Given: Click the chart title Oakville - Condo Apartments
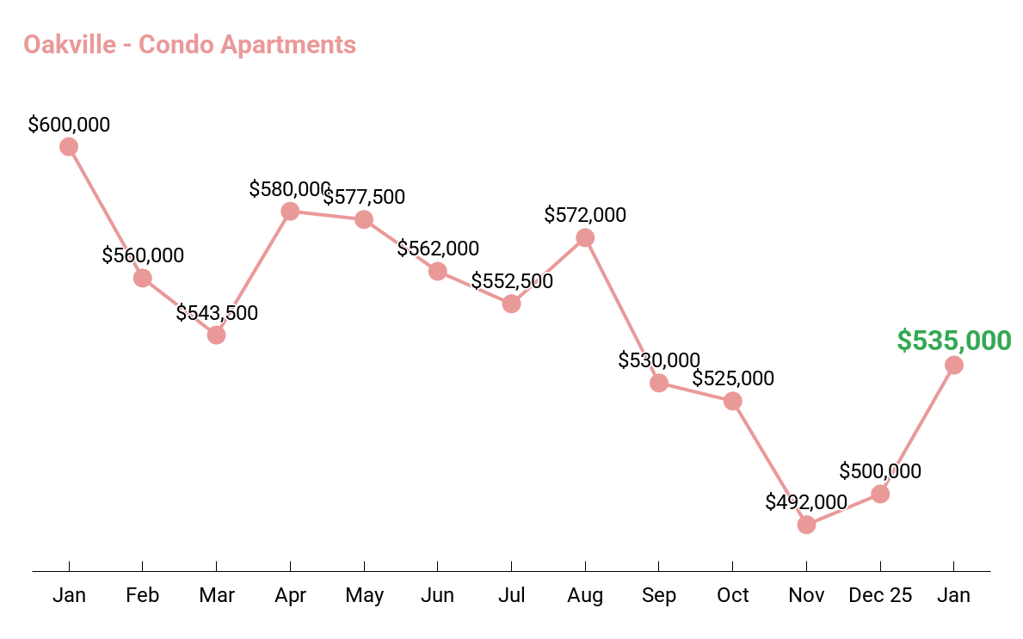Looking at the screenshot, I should point(189,44).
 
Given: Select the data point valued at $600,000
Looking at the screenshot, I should point(69,147).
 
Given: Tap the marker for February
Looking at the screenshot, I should point(143,278).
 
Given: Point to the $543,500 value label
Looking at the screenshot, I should point(217,313).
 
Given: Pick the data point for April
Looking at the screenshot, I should point(290,211).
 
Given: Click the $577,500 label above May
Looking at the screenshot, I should point(364,197).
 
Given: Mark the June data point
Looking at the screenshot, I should point(438,272).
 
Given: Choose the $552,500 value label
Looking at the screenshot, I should point(512,281).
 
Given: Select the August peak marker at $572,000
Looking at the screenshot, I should point(585,237).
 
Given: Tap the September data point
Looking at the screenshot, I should point(659,383).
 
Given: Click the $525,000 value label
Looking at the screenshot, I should point(733,378).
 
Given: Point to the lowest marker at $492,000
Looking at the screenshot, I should point(806,525).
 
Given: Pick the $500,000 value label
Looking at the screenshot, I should point(880,471).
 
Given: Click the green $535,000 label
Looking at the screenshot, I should point(954,341).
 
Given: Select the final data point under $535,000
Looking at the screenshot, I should point(954,366).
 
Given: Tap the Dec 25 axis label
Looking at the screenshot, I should point(880,595).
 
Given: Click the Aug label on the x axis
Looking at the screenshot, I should point(585,595).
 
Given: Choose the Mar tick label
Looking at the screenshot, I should point(217,595).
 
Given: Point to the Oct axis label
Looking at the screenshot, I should point(733,595).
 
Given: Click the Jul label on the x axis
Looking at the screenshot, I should point(512,595).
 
